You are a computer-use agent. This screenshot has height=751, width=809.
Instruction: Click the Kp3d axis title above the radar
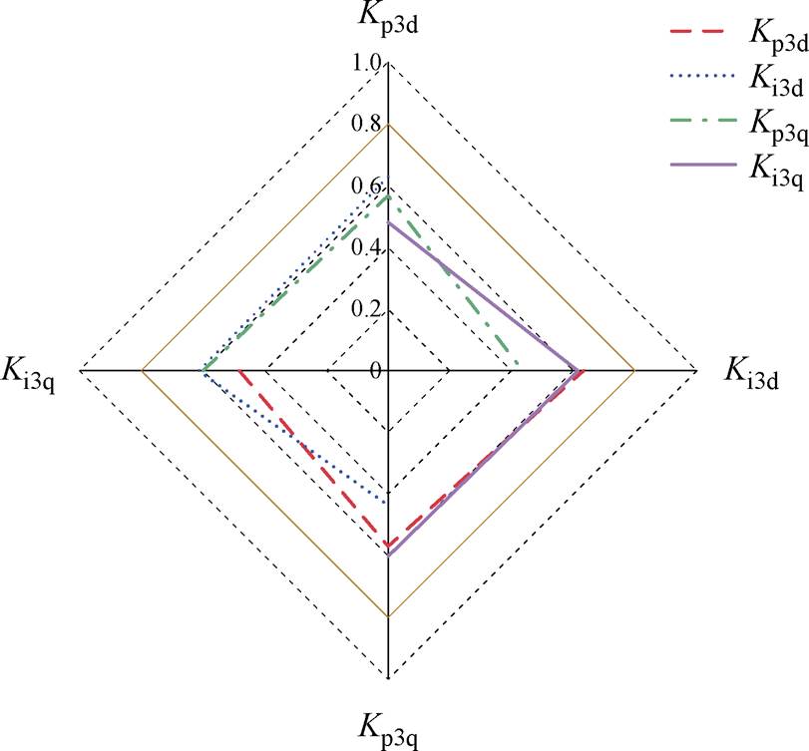point(388,18)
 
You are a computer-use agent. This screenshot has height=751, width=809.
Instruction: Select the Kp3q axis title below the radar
point(388,730)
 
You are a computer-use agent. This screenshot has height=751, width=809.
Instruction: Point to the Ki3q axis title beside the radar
point(28,373)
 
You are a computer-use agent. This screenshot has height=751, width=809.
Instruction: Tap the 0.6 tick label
point(366,187)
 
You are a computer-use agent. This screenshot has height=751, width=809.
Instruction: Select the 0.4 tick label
point(366,248)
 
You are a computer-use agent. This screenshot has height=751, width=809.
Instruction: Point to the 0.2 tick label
point(366,309)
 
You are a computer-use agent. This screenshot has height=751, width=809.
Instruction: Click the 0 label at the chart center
point(376,371)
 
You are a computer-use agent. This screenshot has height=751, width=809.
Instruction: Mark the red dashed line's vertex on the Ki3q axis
point(239,371)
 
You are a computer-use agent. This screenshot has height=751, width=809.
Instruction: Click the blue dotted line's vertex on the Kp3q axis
point(388,503)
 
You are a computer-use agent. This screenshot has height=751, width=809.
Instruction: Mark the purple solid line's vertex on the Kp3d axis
point(388,222)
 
